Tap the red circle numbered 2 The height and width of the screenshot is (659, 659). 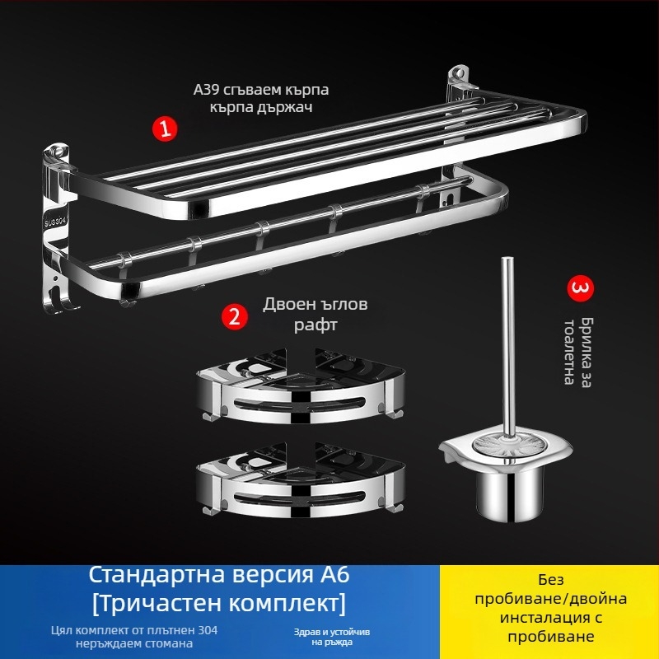click(234, 316)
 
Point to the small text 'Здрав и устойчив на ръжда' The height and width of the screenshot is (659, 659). click(325, 636)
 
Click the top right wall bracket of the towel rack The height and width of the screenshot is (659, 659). click(458, 83)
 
